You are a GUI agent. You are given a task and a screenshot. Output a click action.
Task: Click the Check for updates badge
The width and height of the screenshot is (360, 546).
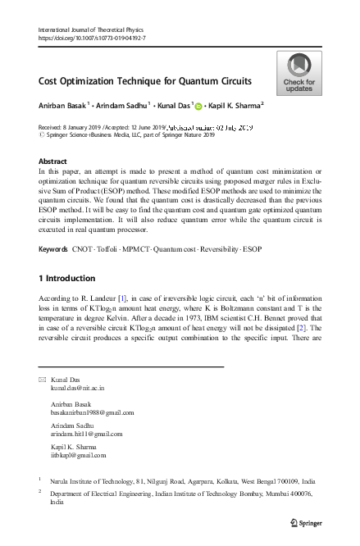coord(298,73)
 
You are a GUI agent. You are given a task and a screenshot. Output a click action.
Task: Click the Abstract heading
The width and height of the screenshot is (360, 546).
coord(53,162)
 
